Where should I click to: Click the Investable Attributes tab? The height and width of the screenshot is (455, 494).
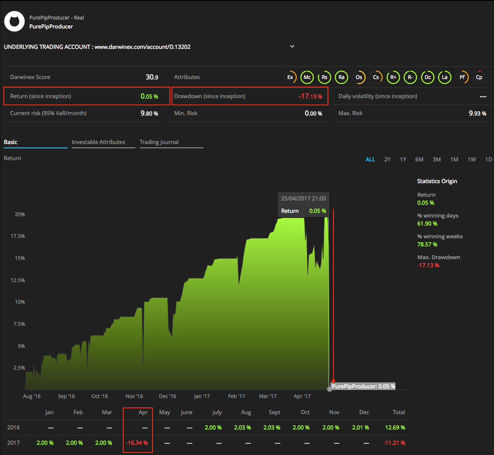pos(98,142)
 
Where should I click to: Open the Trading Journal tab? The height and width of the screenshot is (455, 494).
pos(159,142)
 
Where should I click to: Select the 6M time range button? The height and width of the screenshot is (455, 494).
pos(419,160)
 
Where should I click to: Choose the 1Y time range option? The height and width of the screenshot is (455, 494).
pos(403,160)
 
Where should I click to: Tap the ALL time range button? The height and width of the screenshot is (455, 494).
pos(370,160)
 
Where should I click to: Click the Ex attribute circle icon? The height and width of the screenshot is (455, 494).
pos(290,77)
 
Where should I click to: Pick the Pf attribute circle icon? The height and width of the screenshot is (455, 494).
pos(462,77)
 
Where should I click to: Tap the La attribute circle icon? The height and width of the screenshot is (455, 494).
pos(445,77)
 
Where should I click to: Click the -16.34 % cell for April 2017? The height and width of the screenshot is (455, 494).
pos(137,443)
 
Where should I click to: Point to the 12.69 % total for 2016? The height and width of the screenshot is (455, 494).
pos(395,428)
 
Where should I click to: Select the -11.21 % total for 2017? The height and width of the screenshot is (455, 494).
pos(394,443)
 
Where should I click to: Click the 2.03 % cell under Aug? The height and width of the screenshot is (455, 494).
pos(242,428)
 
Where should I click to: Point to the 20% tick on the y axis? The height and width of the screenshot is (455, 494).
pos(20,215)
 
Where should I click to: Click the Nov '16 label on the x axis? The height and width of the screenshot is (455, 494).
pos(134,396)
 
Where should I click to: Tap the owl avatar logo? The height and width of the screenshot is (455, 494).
pos(14,22)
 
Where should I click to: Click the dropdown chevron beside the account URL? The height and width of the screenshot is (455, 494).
pos(292,46)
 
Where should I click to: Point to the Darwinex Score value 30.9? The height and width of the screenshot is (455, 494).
pos(152,77)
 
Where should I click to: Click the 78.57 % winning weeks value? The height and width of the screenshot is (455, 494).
pos(427,245)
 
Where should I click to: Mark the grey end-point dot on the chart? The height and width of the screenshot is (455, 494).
pos(330,389)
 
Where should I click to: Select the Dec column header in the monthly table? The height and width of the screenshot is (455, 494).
pos(364,413)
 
